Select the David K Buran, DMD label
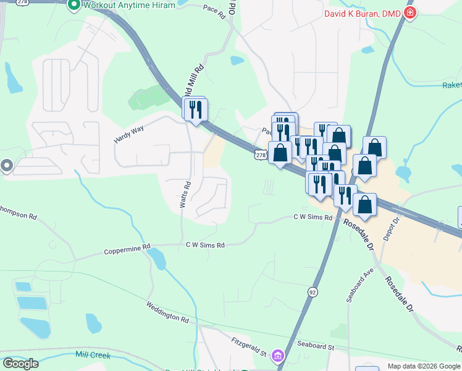(x=363, y=13)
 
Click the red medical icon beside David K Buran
(x=409, y=13)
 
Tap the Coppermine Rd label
(x=127, y=249)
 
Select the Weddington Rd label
(x=167, y=312)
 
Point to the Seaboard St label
(x=315, y=347)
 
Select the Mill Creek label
(x=93, y=355)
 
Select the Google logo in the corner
(x=20, y=363)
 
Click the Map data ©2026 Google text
(x=424, y=366)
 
